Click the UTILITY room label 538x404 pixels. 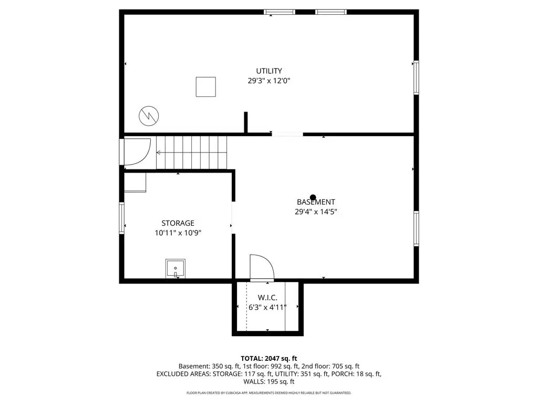click(x=269, y=71)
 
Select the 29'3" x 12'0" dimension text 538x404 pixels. click(x=269, y=80)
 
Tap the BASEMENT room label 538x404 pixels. click(x=316, y=202)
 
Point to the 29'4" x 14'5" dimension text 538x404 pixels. click(x=316, y=211)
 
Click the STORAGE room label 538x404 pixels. click(x=178, y=223)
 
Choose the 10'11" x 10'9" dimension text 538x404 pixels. click(x=178, y=233)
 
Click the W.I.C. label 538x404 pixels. click(x=267, y=298)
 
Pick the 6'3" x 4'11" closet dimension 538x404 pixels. click(x=267, y=307)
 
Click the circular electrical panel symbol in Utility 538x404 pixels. click(x=149, y=116)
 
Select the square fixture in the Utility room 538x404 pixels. click(x=206, y=87)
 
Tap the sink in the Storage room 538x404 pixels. click(x=175, y=268)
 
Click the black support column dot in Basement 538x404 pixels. click(x=313, y=198)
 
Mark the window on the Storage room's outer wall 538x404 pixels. click(x=121, y=218)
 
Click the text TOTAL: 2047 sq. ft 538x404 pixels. click(x=268, y=359)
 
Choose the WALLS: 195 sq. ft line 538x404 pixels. click(x=268, y=381)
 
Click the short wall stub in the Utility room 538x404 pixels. click(x=246, y=122)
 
